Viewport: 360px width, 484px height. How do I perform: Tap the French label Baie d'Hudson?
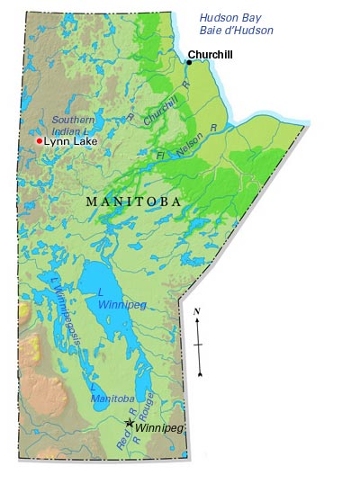point(237,31)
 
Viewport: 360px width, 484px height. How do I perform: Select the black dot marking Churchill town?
point(189,62)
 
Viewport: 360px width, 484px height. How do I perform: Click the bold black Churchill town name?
point(211,55)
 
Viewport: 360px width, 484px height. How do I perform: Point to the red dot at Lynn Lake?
point(39,141)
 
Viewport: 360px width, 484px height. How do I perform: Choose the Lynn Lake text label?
point(70,141)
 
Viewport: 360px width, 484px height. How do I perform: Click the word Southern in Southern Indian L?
point(73,120)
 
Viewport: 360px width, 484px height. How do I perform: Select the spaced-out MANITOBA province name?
point(132,202)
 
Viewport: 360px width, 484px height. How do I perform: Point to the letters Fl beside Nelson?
point(162,157)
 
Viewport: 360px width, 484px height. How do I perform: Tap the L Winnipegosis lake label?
point(65,310)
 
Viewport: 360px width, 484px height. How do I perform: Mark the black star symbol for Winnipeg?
point(130,422)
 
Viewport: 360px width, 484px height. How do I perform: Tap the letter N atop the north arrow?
point(197,311)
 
